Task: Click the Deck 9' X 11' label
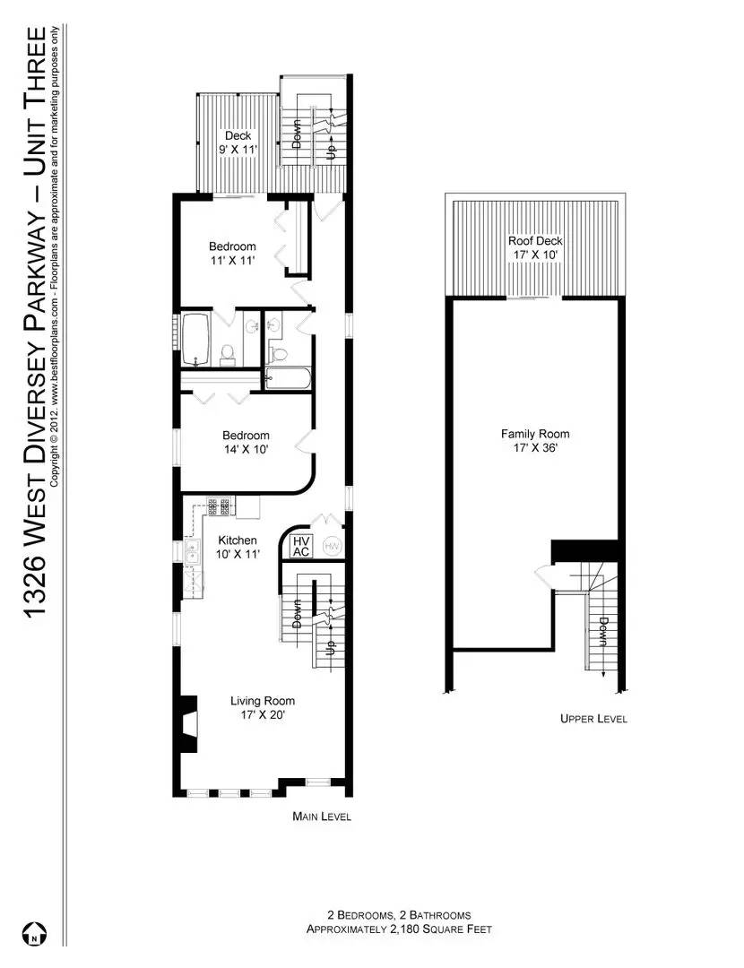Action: click(x=238, y=143)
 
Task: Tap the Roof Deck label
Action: click(x=534, y=248)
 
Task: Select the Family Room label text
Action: click(x=534, y=441)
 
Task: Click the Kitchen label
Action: click(x=238, y=547)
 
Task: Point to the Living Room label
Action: click(x=262, y=708)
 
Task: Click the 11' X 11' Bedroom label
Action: click(x=232, y=254)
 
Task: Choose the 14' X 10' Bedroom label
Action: click(x=246, y=443)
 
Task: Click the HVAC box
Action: click(x=301, y=546)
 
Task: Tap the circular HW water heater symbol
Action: click(x=332, y=546)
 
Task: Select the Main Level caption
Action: click(x=322, y=817)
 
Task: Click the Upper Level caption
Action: click(x=593, y=719)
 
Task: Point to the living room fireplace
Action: click(x=188, y=724)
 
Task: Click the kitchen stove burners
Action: click(x=221, y=506)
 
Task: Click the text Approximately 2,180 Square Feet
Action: click(x=399, y=930)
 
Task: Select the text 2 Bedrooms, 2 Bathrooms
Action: click(x=399, y=915)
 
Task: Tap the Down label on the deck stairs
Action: click(x=297, y=134)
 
